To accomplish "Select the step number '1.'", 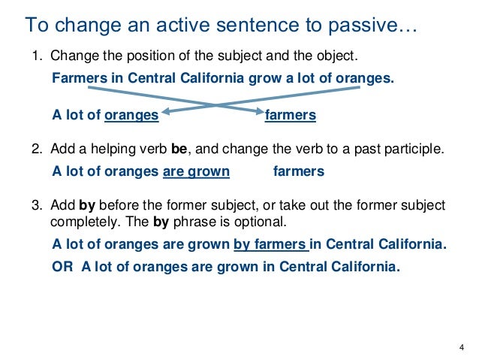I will coord(37,57).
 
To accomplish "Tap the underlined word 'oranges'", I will coord(132,115).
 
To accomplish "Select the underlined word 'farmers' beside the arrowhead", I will coord(291,115).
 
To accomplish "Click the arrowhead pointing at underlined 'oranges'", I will coord(165,113).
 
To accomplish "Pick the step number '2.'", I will coord(37,150).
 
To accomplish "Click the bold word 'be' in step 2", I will coord(179,150).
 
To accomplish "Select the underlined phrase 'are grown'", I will coord(196,171).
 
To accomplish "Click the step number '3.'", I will coord(37,205).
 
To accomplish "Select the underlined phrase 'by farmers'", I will coord(270,244).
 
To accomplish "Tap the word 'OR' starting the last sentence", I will coord(62,266).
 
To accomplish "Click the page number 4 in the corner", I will coord(460,346).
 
